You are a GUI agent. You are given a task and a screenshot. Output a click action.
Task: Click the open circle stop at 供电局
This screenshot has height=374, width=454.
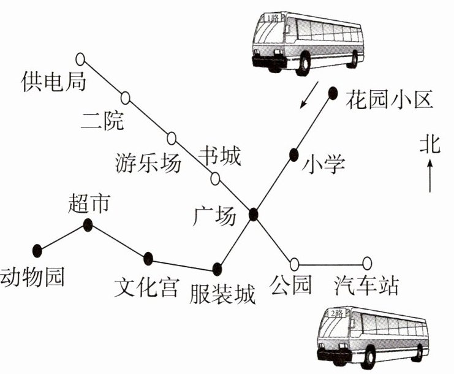(x=80, y=59)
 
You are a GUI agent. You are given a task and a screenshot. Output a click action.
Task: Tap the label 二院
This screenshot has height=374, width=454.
(x=102, y=121)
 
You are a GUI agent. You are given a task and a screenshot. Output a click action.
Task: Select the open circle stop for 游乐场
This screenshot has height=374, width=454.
(x=172, y=137)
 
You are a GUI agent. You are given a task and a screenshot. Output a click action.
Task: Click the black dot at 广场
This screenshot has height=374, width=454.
(x=254, y=215)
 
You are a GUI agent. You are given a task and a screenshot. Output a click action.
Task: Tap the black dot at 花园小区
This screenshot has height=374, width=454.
(x=333, y=93)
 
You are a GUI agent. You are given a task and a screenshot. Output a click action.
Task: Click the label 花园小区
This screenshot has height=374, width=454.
(x=390, y=98)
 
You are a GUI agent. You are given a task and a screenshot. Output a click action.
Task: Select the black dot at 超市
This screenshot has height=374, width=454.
(x=88, y=226)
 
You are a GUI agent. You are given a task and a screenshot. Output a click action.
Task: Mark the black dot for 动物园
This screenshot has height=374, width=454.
(x=37, y=249)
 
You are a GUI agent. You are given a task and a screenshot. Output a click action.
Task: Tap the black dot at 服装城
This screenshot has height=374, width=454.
(x=217, y=269)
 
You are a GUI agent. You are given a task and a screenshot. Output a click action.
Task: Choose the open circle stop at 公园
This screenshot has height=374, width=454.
(x=295, y=264)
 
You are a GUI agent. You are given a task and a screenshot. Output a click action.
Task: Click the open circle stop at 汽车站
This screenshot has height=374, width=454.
(x=367, y=264)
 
